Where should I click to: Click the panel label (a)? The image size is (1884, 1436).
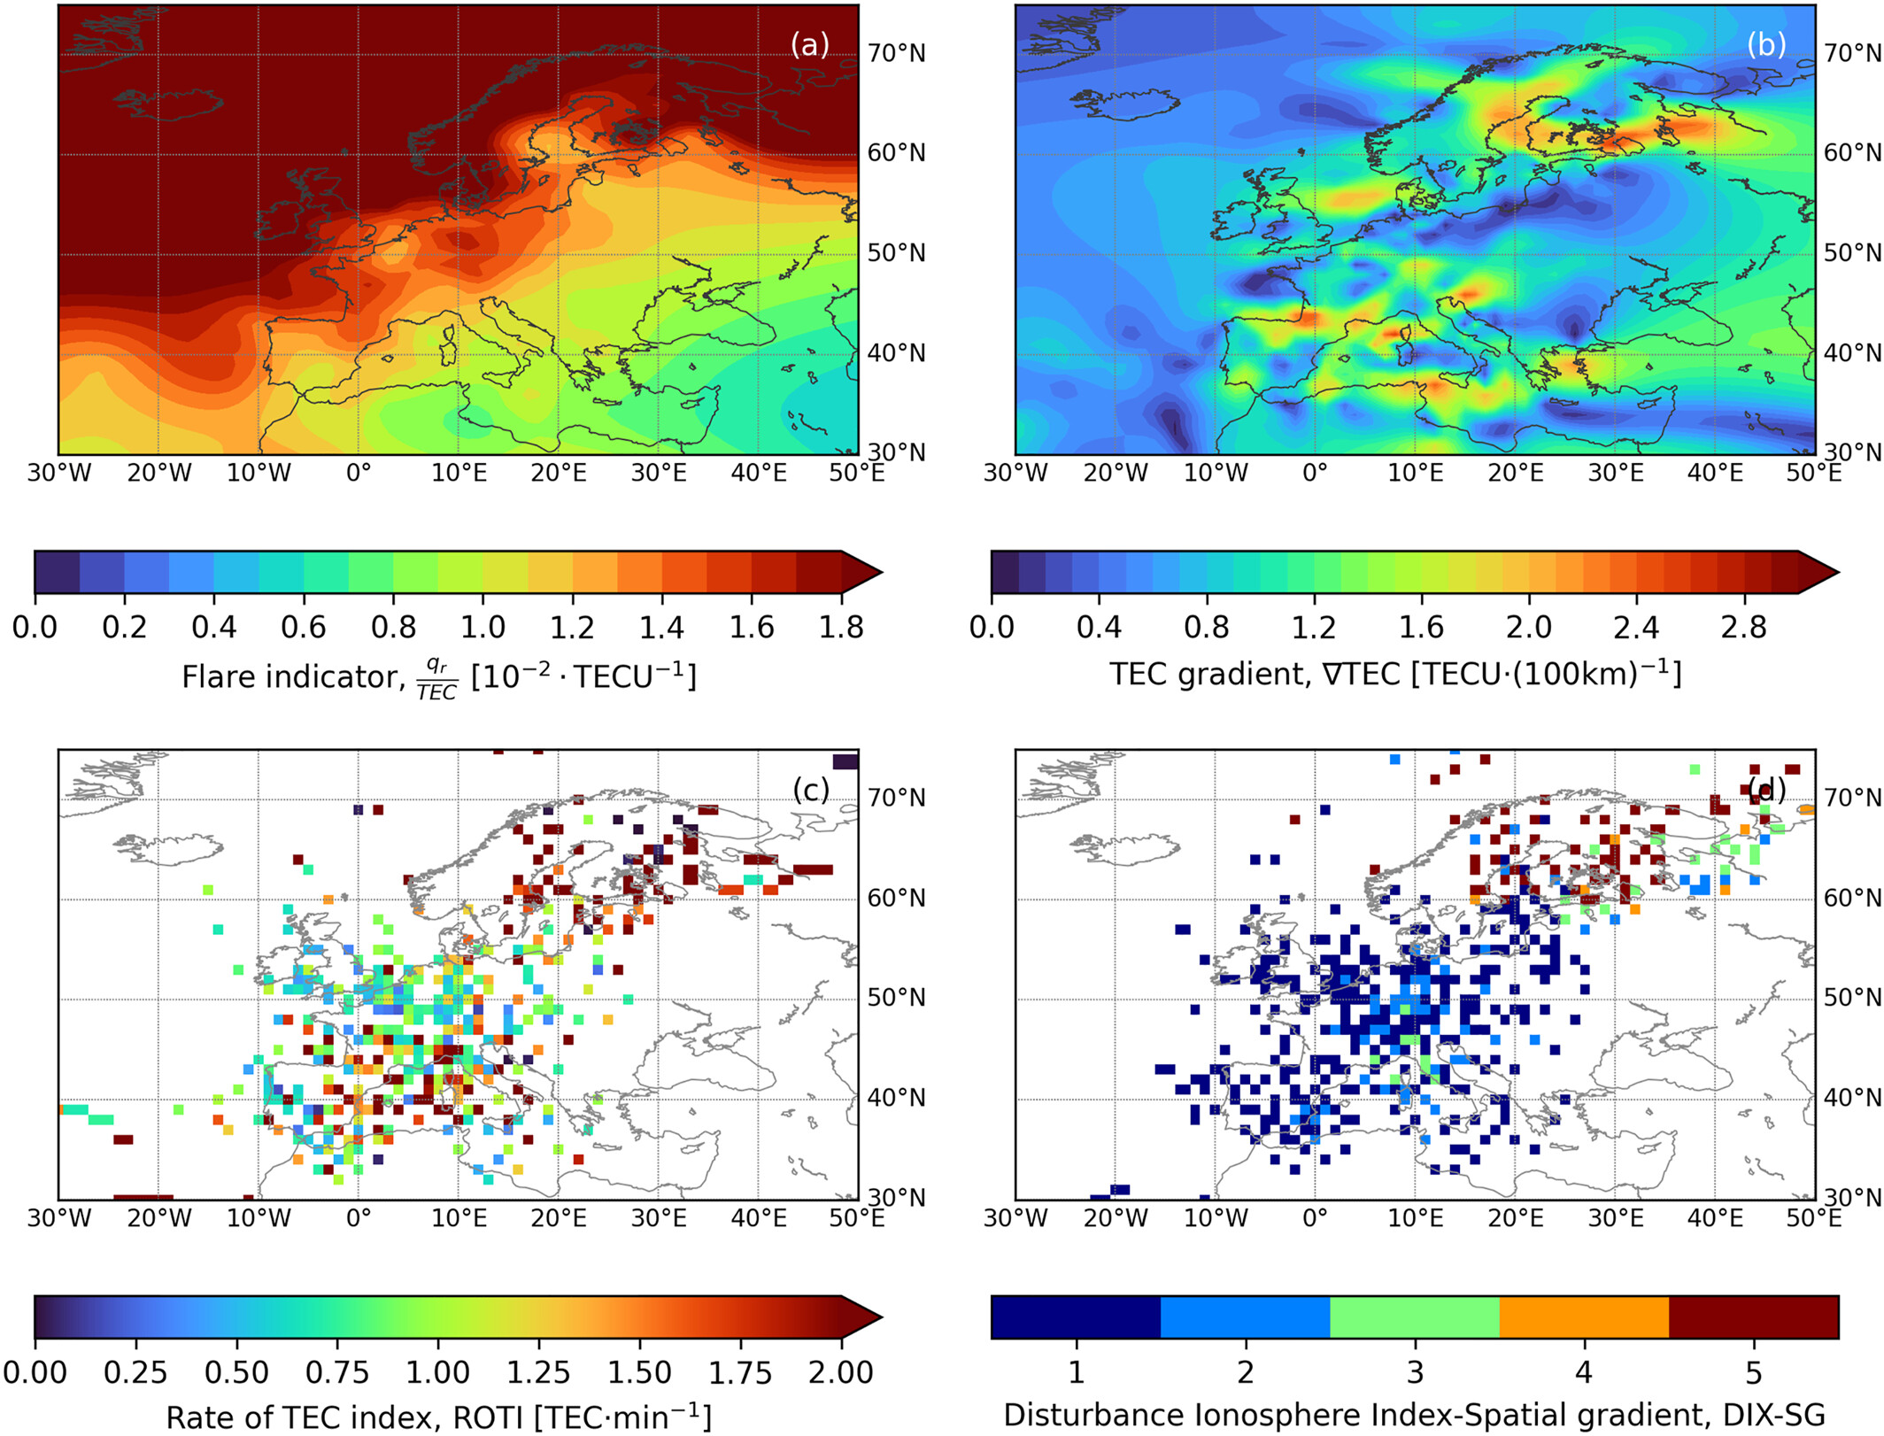click(809, 44)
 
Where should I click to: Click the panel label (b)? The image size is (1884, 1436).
click(1765, 44)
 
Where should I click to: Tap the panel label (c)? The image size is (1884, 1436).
click(810, 789)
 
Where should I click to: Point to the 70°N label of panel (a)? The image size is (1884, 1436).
click(896, 54)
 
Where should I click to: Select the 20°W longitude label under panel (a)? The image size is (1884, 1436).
click(159, 473)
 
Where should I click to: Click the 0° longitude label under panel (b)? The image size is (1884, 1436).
click(1315, 473)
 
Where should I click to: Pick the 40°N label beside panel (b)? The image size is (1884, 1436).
click(1852, 353)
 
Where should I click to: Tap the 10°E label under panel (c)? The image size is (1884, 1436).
click(459, 1218)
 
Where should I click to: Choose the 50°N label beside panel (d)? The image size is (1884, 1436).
click(1852, 998)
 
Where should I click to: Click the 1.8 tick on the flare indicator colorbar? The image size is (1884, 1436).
click(841, 627)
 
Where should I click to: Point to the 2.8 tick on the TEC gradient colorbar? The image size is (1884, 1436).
click(1743, 627)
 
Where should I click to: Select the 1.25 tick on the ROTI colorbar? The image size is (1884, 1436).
click(538, 1372)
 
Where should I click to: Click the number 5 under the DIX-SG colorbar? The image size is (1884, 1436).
click(1753, 1372)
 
